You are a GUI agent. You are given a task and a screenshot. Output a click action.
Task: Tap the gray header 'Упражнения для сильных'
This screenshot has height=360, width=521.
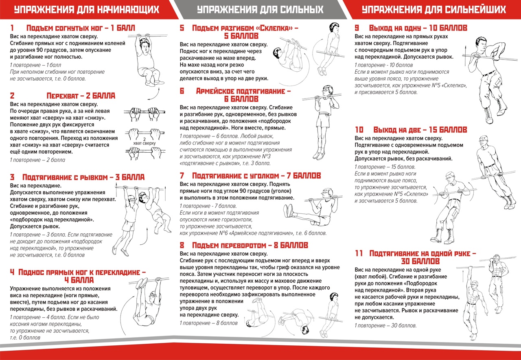[x=260, y=9]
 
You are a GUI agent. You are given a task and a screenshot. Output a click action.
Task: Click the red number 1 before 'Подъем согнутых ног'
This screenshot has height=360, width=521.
[x=12, y=28]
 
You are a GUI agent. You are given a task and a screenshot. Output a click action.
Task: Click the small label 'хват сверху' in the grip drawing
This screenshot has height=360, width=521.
[x=144, y=143]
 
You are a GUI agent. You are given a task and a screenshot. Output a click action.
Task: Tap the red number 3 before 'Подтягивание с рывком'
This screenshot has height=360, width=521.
[x=12, y=177]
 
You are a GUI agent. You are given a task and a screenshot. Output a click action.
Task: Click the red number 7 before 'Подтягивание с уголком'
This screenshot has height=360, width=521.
[x=182, y=176]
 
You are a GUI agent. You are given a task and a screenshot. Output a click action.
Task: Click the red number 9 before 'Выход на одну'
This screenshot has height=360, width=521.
[x=357, y=28]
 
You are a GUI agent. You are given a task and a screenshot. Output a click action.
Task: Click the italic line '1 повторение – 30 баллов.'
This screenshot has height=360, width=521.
[x=385, y=326]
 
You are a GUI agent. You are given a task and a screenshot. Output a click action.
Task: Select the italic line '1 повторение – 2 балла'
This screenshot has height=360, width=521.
[x=37, y=160]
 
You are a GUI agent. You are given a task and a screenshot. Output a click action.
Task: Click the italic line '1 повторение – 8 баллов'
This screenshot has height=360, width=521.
[x=208, y=323]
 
